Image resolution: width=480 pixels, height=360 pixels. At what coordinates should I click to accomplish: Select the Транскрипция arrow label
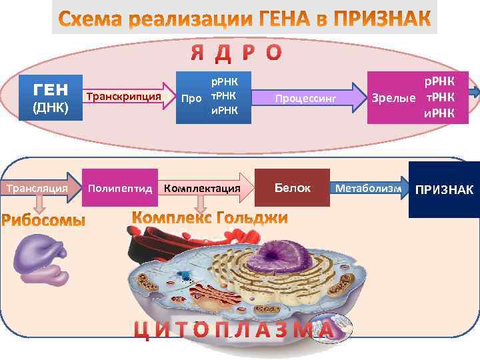(x=124, y=97)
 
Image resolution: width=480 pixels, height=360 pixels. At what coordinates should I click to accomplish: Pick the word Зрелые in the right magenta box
(x=393, y=99)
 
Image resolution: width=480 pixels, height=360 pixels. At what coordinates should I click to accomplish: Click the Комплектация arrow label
(x=202, y=189)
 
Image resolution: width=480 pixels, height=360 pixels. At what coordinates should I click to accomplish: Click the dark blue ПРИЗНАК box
(x=444, y=189)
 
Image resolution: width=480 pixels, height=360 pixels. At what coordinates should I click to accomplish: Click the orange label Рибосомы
(x=43, y=220)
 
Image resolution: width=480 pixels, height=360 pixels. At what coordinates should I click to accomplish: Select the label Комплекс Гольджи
(x=210, y=218)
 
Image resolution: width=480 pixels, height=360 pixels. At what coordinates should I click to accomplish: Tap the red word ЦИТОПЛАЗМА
(x=233, y=330)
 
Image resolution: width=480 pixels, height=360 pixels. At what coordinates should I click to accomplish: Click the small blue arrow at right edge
(x=474, y=94)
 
